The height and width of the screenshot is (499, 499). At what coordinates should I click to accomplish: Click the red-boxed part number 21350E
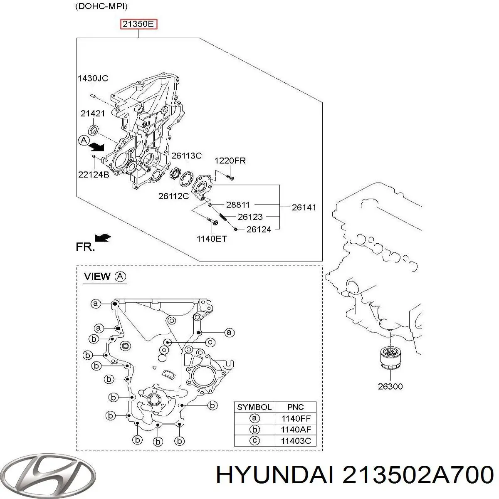(x=138, y=25)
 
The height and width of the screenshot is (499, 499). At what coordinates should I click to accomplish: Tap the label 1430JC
(x=93, y=78)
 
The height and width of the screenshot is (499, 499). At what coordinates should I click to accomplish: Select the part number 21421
(x=93, y=114)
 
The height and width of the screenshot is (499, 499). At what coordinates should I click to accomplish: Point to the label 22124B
(x=94, y=175)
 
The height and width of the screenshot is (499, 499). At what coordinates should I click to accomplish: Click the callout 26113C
(x=186, y=156)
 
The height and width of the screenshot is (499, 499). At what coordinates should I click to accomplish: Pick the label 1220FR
(x=230, y=161)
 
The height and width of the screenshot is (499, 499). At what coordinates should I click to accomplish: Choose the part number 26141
(x=304, y=208)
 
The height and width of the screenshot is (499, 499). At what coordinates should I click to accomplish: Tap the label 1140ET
(x=212, y=239)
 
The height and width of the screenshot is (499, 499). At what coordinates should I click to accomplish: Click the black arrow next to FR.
(x=103, y=237)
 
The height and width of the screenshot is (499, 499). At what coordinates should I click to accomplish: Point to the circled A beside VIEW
(x=120, y=277)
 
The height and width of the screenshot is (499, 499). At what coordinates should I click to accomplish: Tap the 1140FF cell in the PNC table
(x=296, y=418)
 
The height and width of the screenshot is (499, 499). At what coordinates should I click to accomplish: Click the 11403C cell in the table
(x=296, y=440)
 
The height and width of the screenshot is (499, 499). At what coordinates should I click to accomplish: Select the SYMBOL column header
(x=254, y=407)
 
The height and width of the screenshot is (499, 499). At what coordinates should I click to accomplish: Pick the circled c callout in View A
(x=210, y=342)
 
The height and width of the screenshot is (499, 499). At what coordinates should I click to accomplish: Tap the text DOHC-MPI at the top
(x=101, y=6)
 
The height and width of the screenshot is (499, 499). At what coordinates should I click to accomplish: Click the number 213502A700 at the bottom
(x=417, y=475)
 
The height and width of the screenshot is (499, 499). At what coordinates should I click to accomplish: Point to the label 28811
(x=238, y=205)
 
